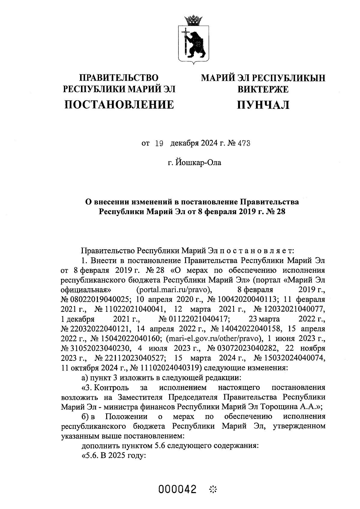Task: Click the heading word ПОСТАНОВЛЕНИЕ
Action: [119, 104]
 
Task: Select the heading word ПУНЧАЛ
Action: [263, 105]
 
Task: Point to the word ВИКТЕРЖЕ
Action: [263, 89]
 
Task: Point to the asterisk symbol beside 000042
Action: [212, 490]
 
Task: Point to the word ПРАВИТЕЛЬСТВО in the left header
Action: [118, 78]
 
